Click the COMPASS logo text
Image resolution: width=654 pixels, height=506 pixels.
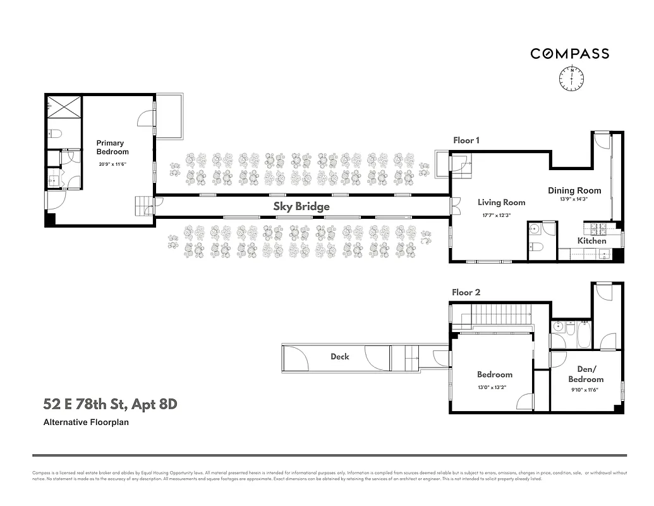pyautogui.click(x=569, y=54)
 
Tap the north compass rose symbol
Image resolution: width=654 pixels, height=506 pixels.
pyautogui.click(x=571, y=78)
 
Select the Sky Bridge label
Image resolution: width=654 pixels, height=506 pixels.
pyautogui.click(x=301, y=207)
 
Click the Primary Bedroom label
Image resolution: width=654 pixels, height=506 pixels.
pyautogui.click(x=112, y=147)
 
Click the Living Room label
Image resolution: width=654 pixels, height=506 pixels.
pyautogui.click(x=501, y=203)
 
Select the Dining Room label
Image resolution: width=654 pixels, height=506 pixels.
pyautogui.click(x=574, y=190)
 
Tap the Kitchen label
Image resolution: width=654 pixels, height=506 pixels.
pyautogui.click(x=591, y=241)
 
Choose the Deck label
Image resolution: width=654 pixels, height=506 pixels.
pyautogui.click(x=340, y=357)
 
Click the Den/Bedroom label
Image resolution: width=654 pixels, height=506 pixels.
pyautogui.click(x=585, y=374)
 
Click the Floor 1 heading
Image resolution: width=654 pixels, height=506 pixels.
pyautogui.click(x=466, y=140)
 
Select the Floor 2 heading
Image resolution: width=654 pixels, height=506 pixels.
pyautogui.click(x=466, y=292)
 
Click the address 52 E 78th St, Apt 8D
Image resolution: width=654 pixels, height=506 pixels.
pyautogui.click(x=109, y=404)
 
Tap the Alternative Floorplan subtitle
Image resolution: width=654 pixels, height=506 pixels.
pyautogui.click(x=86, y=422)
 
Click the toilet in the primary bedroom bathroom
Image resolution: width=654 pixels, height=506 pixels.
pyautogui.click(x=55, y=134)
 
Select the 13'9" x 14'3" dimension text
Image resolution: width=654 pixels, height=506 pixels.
pyautogui.click(x=574, y=199)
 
